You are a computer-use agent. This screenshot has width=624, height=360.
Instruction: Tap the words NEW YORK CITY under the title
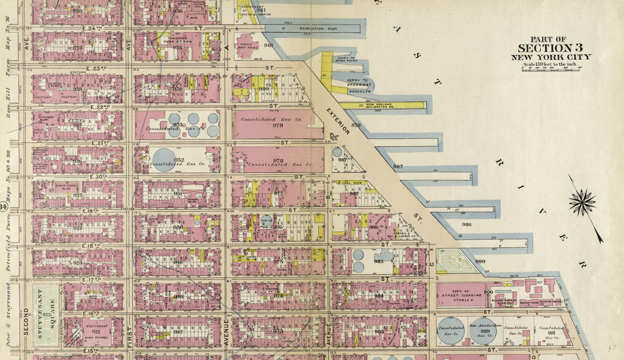coord(551,57)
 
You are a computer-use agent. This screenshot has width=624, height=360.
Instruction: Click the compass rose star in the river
coord(583,201)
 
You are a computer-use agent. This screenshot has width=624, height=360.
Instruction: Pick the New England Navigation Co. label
coord(382,106)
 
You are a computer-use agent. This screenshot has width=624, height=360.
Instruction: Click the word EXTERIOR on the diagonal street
coord(337,122)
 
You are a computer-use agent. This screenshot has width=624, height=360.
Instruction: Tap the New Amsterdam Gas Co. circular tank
coord(482,330)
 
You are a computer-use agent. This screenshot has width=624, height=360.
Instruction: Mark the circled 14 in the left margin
coord(4,207)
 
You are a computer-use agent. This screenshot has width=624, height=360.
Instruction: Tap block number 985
coord(378,261)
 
